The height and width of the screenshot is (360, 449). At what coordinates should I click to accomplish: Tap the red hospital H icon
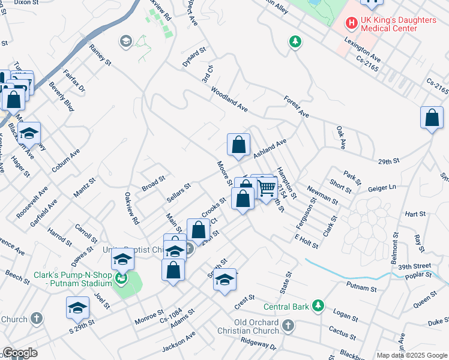pos(351,24)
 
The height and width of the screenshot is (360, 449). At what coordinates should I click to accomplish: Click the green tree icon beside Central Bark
pos(318,307)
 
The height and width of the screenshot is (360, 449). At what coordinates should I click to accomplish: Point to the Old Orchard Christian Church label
pos(256,327)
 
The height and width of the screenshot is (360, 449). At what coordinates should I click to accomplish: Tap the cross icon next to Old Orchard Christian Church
pos(289,326)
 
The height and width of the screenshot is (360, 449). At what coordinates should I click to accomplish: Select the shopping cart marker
pos(267,188)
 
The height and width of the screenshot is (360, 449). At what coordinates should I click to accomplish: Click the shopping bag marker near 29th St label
pos(432,119)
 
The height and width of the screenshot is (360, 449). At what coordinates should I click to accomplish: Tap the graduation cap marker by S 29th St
pos(77,308)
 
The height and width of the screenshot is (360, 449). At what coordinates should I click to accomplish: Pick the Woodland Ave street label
pos(229,100)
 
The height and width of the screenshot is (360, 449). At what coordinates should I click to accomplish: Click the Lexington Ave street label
pos(363,49)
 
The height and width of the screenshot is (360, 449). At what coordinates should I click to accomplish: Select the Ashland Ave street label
pos(270,149)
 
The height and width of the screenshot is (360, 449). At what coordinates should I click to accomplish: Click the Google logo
pos(20,353)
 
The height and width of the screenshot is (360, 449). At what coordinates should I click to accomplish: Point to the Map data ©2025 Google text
pos(411,355)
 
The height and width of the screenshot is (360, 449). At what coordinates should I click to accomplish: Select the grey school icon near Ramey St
pos(126,41)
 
